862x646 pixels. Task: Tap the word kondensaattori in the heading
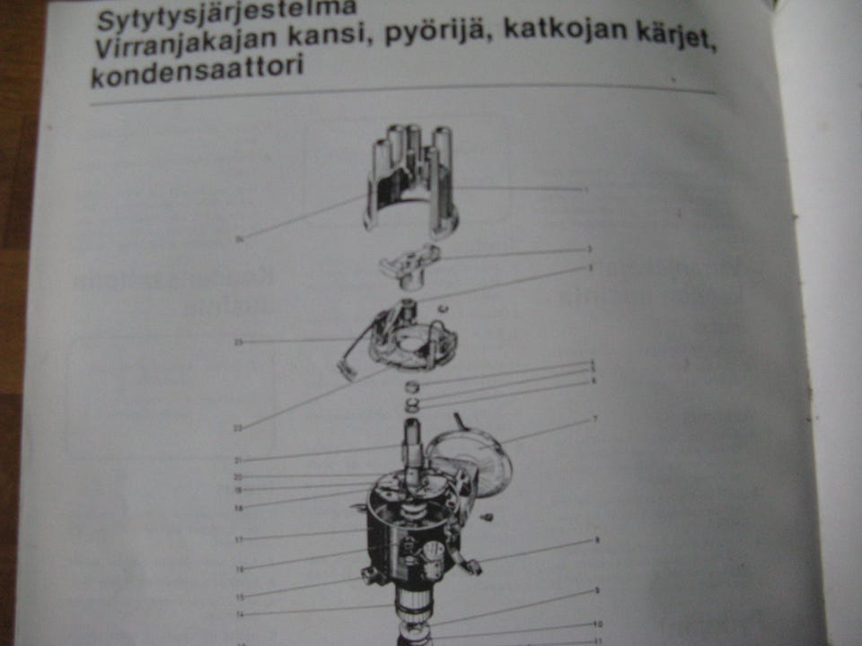197,72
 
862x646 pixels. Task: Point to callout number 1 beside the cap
586,189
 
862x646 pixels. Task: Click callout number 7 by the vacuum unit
594,419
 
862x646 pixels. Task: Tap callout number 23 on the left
239,342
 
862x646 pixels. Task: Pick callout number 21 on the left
238,460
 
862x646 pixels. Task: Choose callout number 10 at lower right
597,624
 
